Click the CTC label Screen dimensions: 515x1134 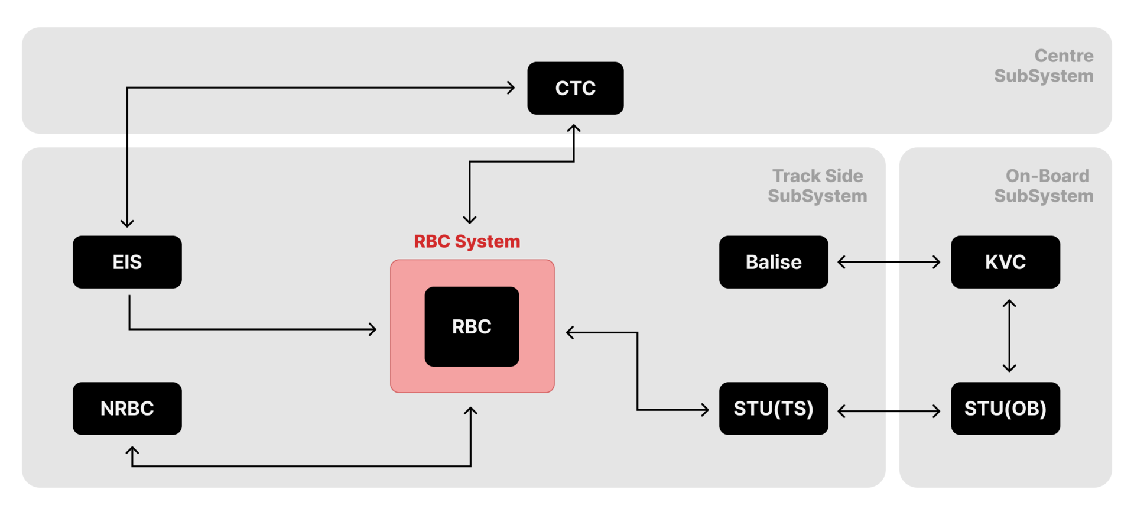(575, 89)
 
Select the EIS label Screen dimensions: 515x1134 (127, 262)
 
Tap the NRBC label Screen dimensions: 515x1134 (127, 409)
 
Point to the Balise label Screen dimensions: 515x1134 (774, 262)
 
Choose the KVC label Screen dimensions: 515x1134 (1005, 262)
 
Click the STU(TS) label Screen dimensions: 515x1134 (774, 409)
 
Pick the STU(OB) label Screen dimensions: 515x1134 (1005, 409)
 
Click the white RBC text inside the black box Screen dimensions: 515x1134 (472, 326)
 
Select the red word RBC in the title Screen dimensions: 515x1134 (431, 241)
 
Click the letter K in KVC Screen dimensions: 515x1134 (992, 262)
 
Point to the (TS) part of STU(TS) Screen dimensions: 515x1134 (794, 409)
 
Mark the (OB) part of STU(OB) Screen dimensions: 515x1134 (1026, 409)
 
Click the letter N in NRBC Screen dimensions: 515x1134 (107, 409)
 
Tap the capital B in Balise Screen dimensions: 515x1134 (752, 262)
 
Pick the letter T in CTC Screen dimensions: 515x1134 (576, 89)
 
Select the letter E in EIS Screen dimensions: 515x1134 (118, 262)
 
